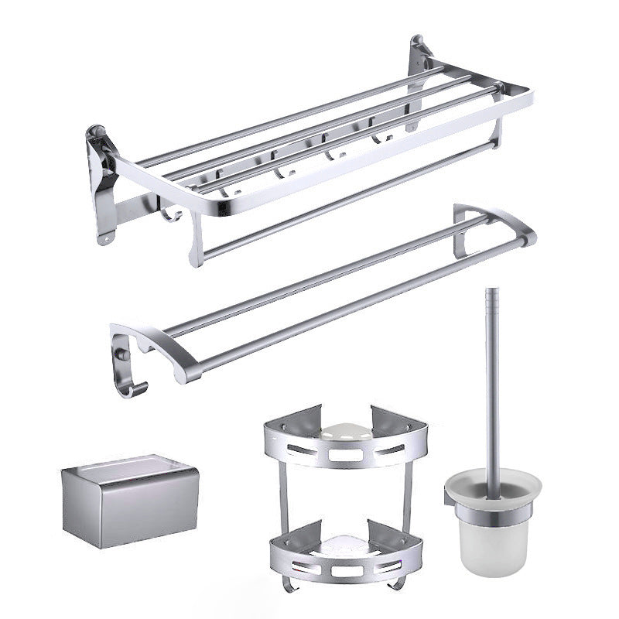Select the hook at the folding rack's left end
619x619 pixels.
[172, 210]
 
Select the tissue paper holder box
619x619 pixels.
[129, 502]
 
